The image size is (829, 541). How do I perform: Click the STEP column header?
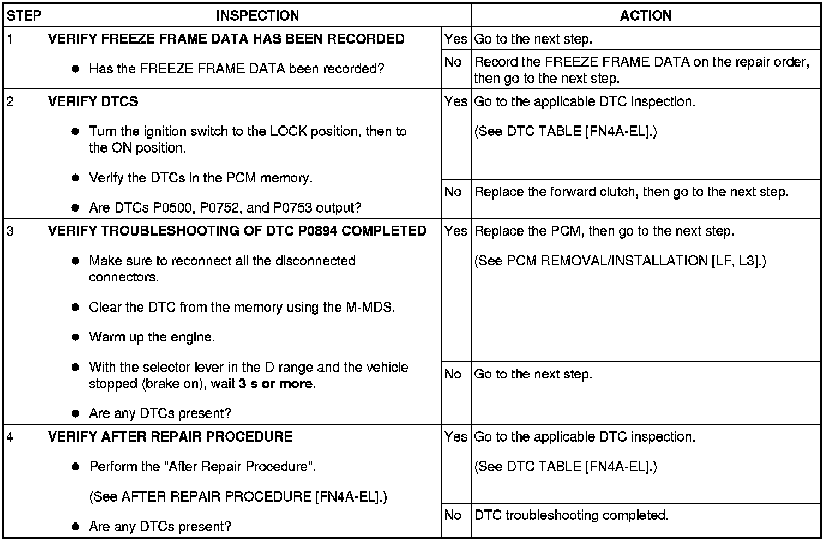pos(24,16)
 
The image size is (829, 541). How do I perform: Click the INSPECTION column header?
pos(257,16)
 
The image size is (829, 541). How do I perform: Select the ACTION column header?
pos(646,16)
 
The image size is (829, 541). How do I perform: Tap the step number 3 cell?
pos(11,231)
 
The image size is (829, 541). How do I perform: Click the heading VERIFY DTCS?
pos(93,101)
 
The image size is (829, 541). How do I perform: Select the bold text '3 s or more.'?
pos(277,383)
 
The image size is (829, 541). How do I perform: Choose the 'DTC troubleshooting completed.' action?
pos(572,515)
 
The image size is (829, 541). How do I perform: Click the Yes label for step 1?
pos(455,39)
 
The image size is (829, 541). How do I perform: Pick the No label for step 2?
pos(453,192)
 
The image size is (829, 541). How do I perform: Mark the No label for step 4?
pos(453,515)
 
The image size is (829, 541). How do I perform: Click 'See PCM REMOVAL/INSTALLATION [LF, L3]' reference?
pos(620,261)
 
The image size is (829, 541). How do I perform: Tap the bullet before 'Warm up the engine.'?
pos(76,337)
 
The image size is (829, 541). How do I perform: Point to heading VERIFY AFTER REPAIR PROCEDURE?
pos(170,437)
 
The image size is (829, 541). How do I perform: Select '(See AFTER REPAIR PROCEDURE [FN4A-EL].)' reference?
pos(238,497)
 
